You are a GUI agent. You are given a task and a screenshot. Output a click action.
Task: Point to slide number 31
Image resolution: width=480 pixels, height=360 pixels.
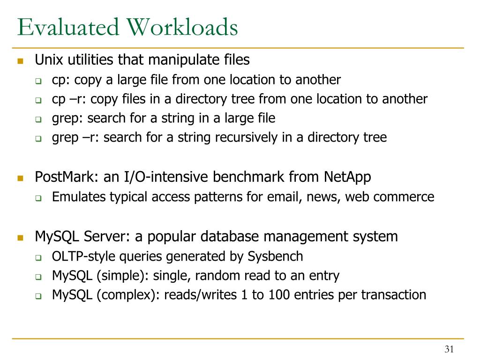coord(450,349)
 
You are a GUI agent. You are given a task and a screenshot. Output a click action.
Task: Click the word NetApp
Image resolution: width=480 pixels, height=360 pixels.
coord(347,177)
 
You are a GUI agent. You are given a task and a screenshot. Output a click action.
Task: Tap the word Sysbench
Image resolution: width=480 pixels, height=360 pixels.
coord(276,256)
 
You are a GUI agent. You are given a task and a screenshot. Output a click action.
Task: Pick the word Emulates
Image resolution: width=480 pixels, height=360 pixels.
coord(79,197)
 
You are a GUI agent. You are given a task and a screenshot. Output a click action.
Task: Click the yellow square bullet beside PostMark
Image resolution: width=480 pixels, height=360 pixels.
coord(20,178)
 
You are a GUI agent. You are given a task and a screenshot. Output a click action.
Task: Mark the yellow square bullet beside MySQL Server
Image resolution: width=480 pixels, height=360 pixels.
coord(20,237)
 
